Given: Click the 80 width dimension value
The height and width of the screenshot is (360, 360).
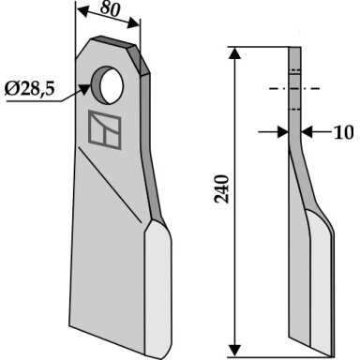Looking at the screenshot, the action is click(110, 9).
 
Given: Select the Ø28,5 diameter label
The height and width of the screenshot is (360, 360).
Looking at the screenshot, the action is click(30, 90).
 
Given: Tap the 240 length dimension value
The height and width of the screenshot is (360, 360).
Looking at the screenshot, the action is click(222, 189).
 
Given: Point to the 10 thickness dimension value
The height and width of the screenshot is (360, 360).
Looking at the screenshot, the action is click(344, 132).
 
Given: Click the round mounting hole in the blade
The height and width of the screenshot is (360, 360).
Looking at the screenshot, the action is click(108, 84).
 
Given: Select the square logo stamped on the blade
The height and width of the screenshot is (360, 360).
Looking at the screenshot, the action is click(105, 129).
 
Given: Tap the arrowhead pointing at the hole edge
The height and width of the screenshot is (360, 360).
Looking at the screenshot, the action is click(83, 89).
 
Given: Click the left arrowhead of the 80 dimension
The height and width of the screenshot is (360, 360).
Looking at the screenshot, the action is click(83, 11).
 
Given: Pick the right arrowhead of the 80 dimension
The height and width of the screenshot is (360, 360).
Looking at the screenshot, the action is click(133, 23).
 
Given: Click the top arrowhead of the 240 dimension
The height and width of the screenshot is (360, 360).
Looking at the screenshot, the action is click(234, 53).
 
